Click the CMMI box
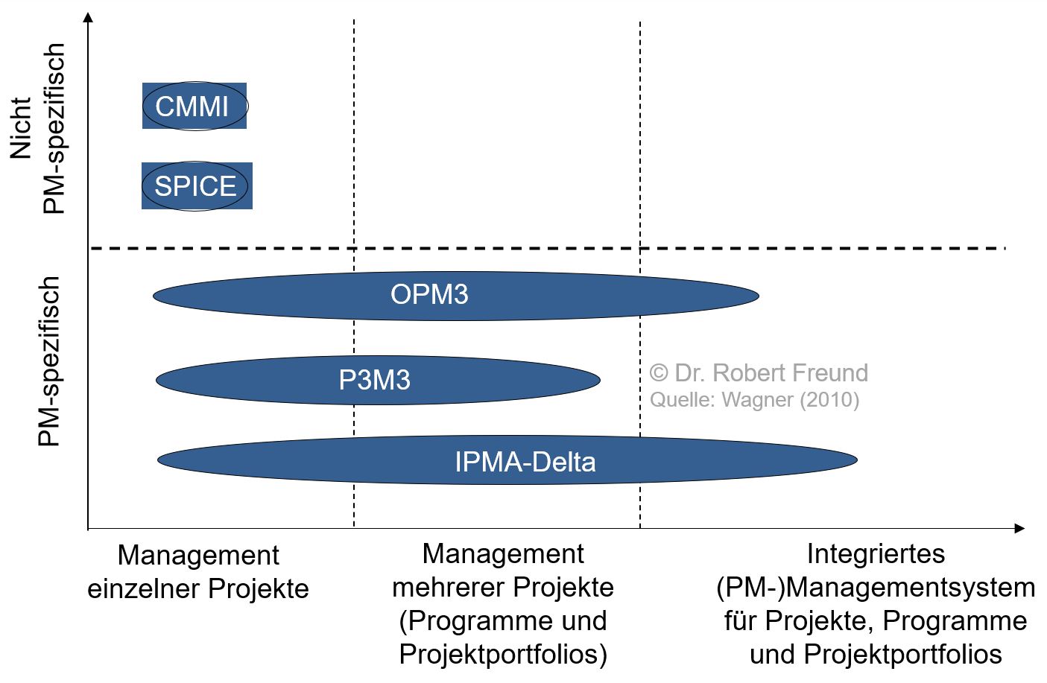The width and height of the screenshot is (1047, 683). (194, 106)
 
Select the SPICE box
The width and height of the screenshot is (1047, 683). (196, 185)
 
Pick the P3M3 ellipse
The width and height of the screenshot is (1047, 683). (377, 380)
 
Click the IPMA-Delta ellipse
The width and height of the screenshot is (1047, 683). (507, 461)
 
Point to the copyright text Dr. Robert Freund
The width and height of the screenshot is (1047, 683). (759, 372)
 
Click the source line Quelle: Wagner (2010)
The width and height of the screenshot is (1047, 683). (754, 400)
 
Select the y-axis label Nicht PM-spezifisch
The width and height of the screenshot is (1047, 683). (37, 128)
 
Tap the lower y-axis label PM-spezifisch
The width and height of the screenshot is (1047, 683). (48, 361)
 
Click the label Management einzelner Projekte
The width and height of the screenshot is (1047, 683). (198, 571)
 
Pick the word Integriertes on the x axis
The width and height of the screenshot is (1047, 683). (876, 553)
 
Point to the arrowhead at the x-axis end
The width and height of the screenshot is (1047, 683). (1019, 528)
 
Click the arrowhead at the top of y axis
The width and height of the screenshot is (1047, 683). (89, 16)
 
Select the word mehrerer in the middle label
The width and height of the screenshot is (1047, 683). (443, 587)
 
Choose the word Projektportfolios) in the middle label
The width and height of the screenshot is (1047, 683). (503, 654)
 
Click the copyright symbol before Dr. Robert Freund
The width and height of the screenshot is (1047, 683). (658, 372)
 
